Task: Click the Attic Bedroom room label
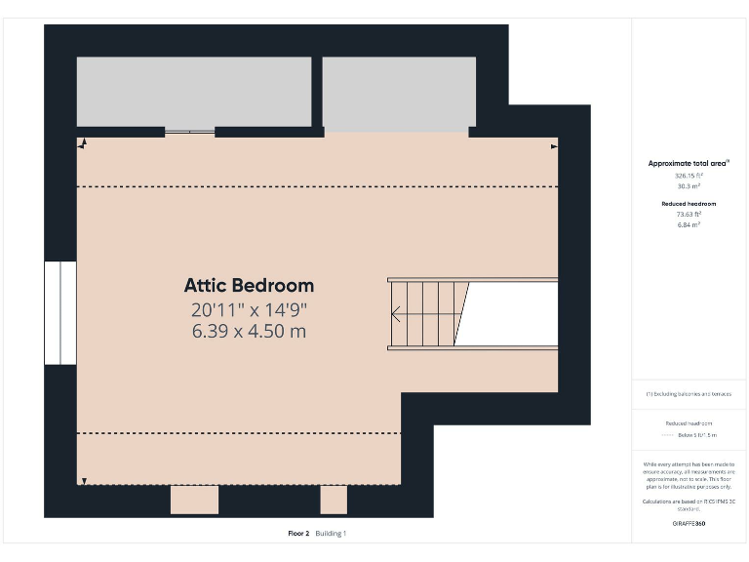pyautogui.click(x=249, y=286)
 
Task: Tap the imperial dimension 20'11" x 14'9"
pyautogui.click(x=249, y=310)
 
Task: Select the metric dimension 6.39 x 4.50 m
pyautogui.click(x=249, y=332)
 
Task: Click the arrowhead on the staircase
pyautogui.click(x=396, y=314)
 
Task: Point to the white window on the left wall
pyautogui.click(x=60, y=312)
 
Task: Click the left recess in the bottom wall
pyautogui.click(x=194, y=499)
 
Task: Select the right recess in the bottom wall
pyautogui.click(x=334, y=499)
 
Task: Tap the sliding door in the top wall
pyautogui.click(x=189, y=132)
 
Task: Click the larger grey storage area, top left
pyautogui.click(x=194, y=91)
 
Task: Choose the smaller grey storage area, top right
pyautogui.click(x=399, y=93)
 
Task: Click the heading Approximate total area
pyautogui.click(x=689, y=163)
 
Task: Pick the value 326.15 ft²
pyautogui.click(x=689, y=176)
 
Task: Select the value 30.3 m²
pyautogui.click(x=689, y=185)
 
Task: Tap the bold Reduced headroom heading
pyautogui.click(x=689, y=204)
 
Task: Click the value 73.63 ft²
pyautogui.click(x=689, y=215)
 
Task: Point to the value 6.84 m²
pyautogui.click(x=689, y=224)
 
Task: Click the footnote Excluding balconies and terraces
pyautogui.click(x=689, y=394)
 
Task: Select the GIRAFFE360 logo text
pyautogui.click(x=689, y=524)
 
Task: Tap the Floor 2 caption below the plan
pyautogui.click(x=298, y=534)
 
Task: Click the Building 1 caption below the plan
pyautogui.click(x=331, y=534)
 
